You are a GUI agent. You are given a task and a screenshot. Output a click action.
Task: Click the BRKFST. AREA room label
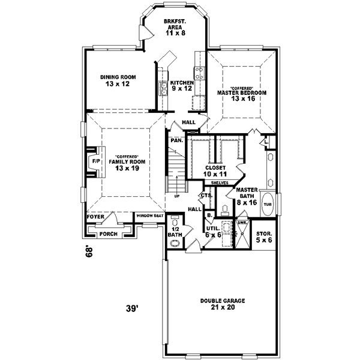176,26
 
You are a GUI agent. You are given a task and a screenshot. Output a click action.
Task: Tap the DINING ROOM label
118,80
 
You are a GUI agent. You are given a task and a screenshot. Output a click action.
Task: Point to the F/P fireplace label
95,162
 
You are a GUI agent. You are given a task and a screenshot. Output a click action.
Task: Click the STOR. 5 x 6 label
264,236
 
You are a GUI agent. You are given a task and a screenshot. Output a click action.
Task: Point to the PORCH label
108,234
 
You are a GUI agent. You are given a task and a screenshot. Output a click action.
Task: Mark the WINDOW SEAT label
150,216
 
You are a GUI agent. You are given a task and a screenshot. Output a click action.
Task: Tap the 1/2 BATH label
176,231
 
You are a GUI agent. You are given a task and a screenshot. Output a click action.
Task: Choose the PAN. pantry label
176,140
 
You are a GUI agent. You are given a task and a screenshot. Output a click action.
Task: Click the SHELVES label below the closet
218,182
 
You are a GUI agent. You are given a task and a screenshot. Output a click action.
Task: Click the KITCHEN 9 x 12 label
182,85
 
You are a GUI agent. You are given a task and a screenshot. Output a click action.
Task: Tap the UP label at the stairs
176,196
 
